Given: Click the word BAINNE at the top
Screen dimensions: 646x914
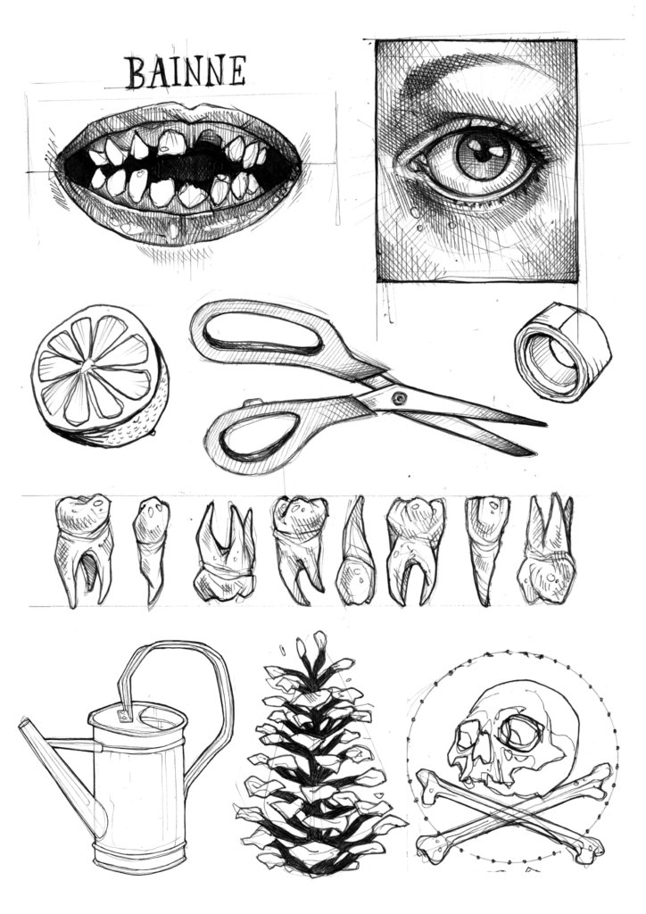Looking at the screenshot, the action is pyautogui.click(x=186, y=71).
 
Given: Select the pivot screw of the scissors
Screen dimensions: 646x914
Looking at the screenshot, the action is pyautogui.click(x=400, y=399).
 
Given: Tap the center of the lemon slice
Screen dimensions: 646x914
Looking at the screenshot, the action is pyautogui.click(x=88, y=365).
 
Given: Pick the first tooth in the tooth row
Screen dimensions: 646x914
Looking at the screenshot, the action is pyautogui.click(x=84, y=549).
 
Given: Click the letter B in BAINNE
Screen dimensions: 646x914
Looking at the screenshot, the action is pyautogui.click(x=136, y=73).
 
